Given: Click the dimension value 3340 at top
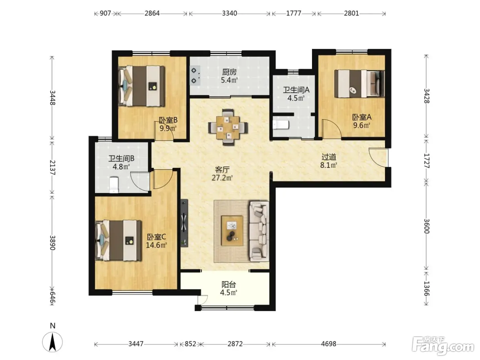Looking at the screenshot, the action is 229,14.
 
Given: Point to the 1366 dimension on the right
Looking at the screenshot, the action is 427,289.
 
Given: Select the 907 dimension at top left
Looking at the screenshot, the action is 105,14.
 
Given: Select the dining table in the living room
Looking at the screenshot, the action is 228,128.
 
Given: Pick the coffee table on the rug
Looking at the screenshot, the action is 232,231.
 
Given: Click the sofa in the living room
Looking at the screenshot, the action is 259,231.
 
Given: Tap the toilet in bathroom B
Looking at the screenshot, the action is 114,185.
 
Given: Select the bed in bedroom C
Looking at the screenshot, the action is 118,240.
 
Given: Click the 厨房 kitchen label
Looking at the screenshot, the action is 229,72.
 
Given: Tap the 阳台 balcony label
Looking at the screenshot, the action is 229,285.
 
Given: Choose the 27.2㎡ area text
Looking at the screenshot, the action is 222,178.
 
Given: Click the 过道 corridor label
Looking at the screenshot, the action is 329,157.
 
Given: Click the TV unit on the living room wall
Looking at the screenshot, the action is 184,223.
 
